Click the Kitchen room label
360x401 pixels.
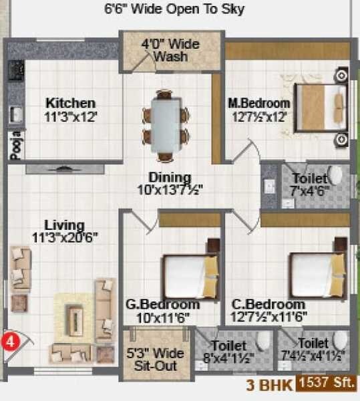[x=70, y=103]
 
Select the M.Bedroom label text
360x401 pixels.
[x=258, y=103]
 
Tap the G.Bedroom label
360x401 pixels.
[x=155, y=305]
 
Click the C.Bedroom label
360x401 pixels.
[x=259, y=305]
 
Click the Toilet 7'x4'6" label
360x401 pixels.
[x=309, y=184]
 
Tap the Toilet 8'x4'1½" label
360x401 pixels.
[x=230, y=352]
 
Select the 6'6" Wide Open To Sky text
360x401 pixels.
[x=174, y=9]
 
